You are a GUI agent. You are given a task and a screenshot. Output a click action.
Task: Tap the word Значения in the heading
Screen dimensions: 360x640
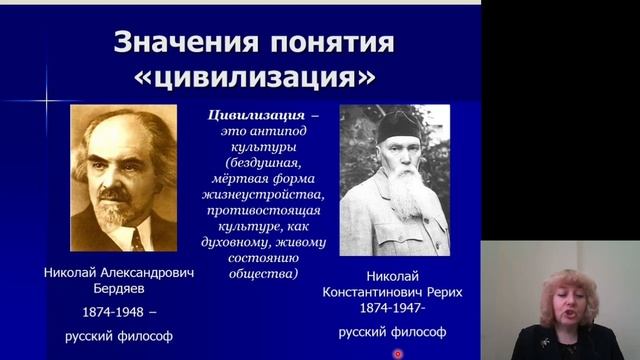point(175,42)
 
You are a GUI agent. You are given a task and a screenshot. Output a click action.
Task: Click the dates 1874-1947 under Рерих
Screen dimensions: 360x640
point(393,311)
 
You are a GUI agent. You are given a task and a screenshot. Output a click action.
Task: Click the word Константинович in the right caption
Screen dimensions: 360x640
point(372,292)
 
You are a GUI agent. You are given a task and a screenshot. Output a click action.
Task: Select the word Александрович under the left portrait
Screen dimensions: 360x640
point(139,271)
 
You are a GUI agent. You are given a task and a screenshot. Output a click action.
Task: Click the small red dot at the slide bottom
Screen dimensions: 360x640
point(398,354)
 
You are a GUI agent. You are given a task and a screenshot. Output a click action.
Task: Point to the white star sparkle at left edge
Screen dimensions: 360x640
point(46,100)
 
